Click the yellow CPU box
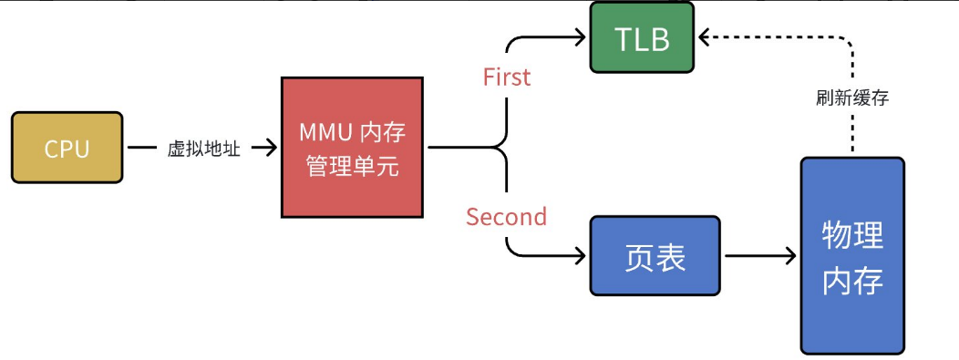coord(67,148)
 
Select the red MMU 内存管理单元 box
coord(352,148)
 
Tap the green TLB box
coord(642,37)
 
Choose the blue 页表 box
coord(655,255)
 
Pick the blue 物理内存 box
coord(852,255)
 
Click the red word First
coord(507,77)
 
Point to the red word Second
coord(507,217)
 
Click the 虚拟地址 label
coord(203,149)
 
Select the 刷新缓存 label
coord(852,98)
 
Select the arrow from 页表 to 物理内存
coord(760,255)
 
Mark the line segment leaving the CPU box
coord(142,148)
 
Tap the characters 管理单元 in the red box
coord(352,166)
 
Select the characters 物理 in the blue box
coord(852,235)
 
